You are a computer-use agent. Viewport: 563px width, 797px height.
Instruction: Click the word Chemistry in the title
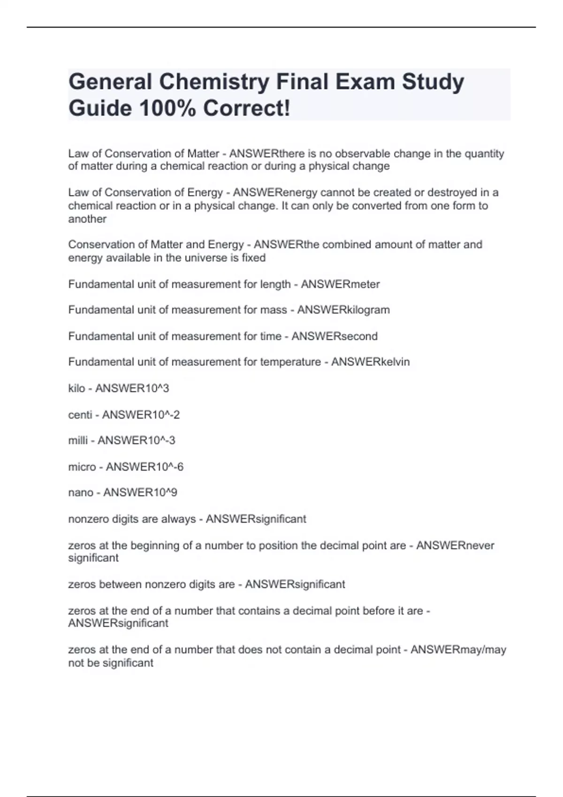214,82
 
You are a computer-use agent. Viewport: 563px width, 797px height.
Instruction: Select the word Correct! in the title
247,108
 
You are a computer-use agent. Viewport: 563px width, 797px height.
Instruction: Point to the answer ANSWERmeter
340,284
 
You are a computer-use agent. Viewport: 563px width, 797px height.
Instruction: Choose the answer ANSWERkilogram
343,310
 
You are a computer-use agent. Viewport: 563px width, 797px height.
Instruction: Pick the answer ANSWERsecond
335,336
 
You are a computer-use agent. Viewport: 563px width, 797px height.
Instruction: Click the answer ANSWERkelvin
370,362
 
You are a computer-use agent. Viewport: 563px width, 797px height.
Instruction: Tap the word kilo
76,388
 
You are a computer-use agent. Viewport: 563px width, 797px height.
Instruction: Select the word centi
80,414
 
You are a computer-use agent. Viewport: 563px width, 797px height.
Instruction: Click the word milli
78,440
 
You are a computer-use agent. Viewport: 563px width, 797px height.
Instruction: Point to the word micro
82,467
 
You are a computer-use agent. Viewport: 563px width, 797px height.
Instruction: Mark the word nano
81,493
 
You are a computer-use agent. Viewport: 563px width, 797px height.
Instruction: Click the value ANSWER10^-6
145,467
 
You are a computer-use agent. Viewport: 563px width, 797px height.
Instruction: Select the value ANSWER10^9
140,493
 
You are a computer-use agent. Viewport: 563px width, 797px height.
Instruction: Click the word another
87,219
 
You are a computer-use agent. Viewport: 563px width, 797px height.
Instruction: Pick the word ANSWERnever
455,545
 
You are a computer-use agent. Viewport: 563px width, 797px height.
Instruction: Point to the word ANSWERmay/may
458,650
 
